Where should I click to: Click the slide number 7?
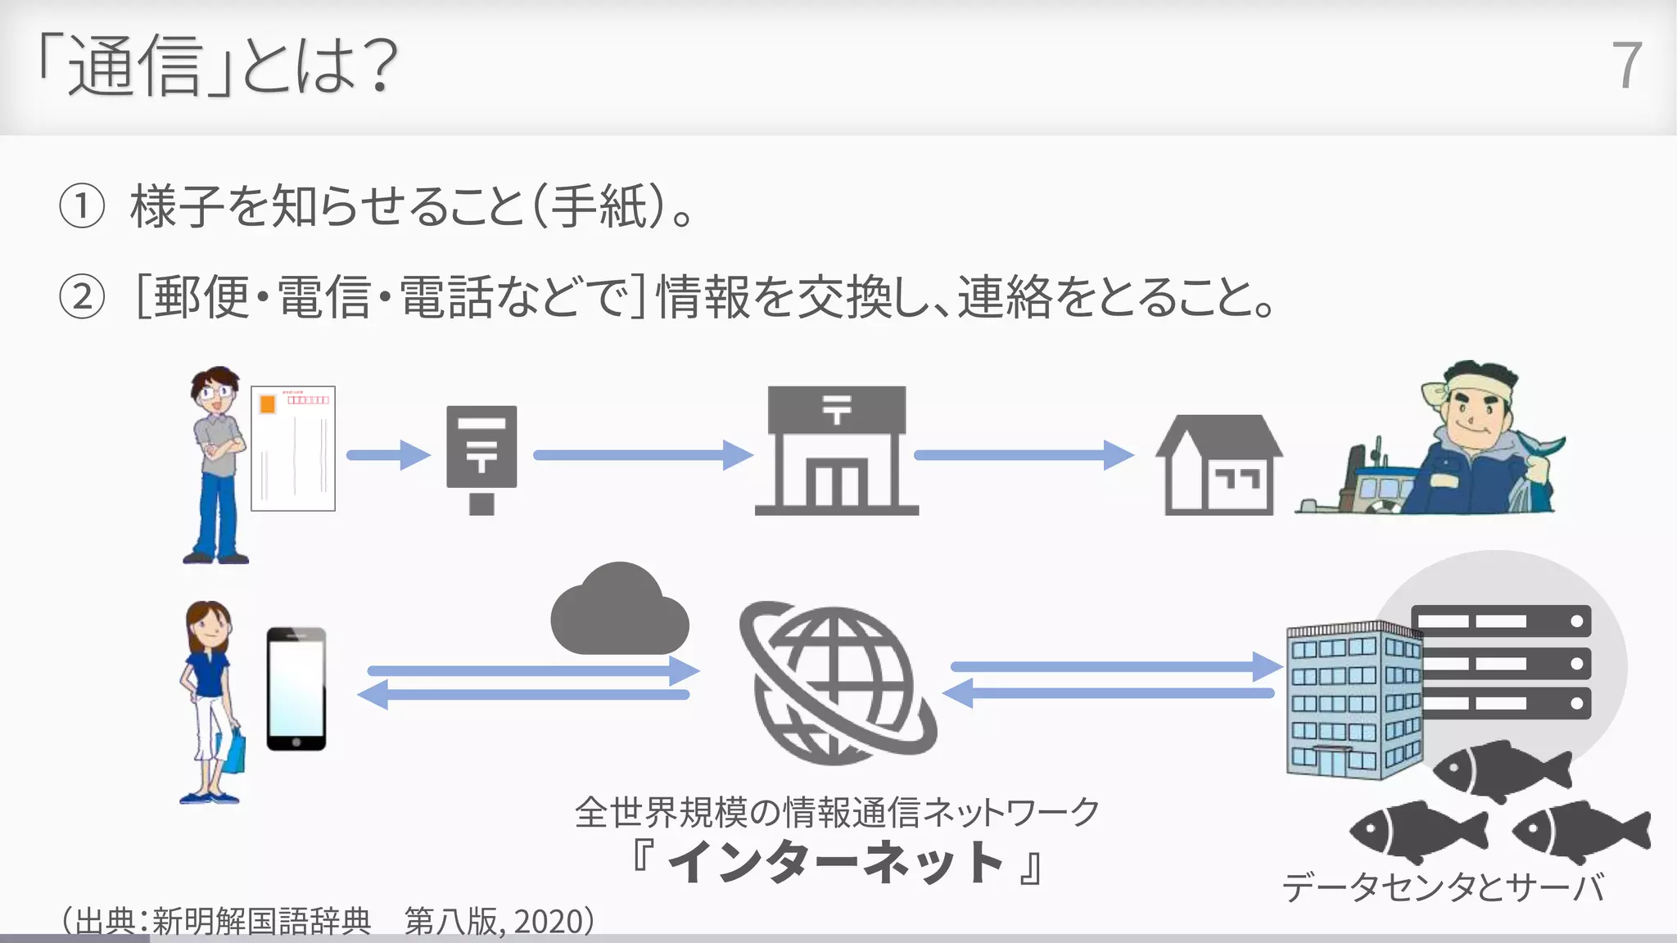[1626, 65]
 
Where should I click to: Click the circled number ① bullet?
[82, 206]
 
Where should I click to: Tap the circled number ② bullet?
[82, 297]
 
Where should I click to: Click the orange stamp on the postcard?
[267, 404]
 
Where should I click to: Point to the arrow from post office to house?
[1024, 455]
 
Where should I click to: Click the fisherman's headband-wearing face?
[1474, 413]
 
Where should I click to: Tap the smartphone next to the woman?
[296, 688]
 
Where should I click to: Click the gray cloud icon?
[619, 612]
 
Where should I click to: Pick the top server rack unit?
[1500, 621]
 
